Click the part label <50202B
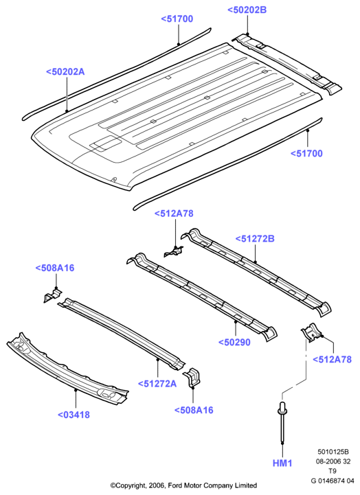(x=247, y=10)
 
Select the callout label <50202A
(x=65, y=71)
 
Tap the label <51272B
(x=255, y=239)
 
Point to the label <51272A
(x=157, y=384)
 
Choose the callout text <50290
(x=234, y=342)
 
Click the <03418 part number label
(x=74, y=415)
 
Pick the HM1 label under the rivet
(x=282, y=463)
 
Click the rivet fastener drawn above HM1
(x=282, y=422)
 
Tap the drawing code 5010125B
(x=333, y=452)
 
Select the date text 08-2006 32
(x=333, y=461)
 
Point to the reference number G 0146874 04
(x=333, y=481)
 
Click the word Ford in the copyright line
(x=175, y=485)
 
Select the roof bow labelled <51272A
(x=122, y=334)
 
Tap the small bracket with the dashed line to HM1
(x=312, y=332)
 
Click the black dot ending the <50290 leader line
(x=236, y=322)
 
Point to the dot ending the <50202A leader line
(x=67, y=111)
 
